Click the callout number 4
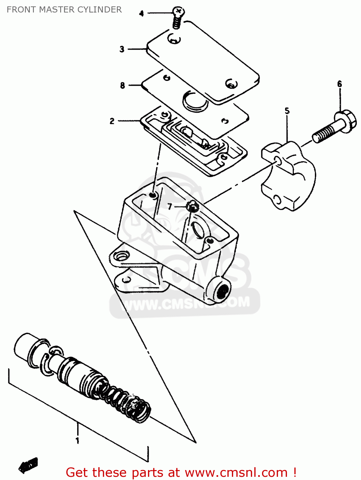[142, 13]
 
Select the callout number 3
[122, 49]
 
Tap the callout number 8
[122, 85]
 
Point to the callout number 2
[112, 121]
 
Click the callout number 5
[287, 111]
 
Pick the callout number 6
[340, 84]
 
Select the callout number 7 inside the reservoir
[170, 207]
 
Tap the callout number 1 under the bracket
[77, 441]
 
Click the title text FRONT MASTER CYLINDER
[64, 10]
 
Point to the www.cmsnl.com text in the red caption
[236, 472]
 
